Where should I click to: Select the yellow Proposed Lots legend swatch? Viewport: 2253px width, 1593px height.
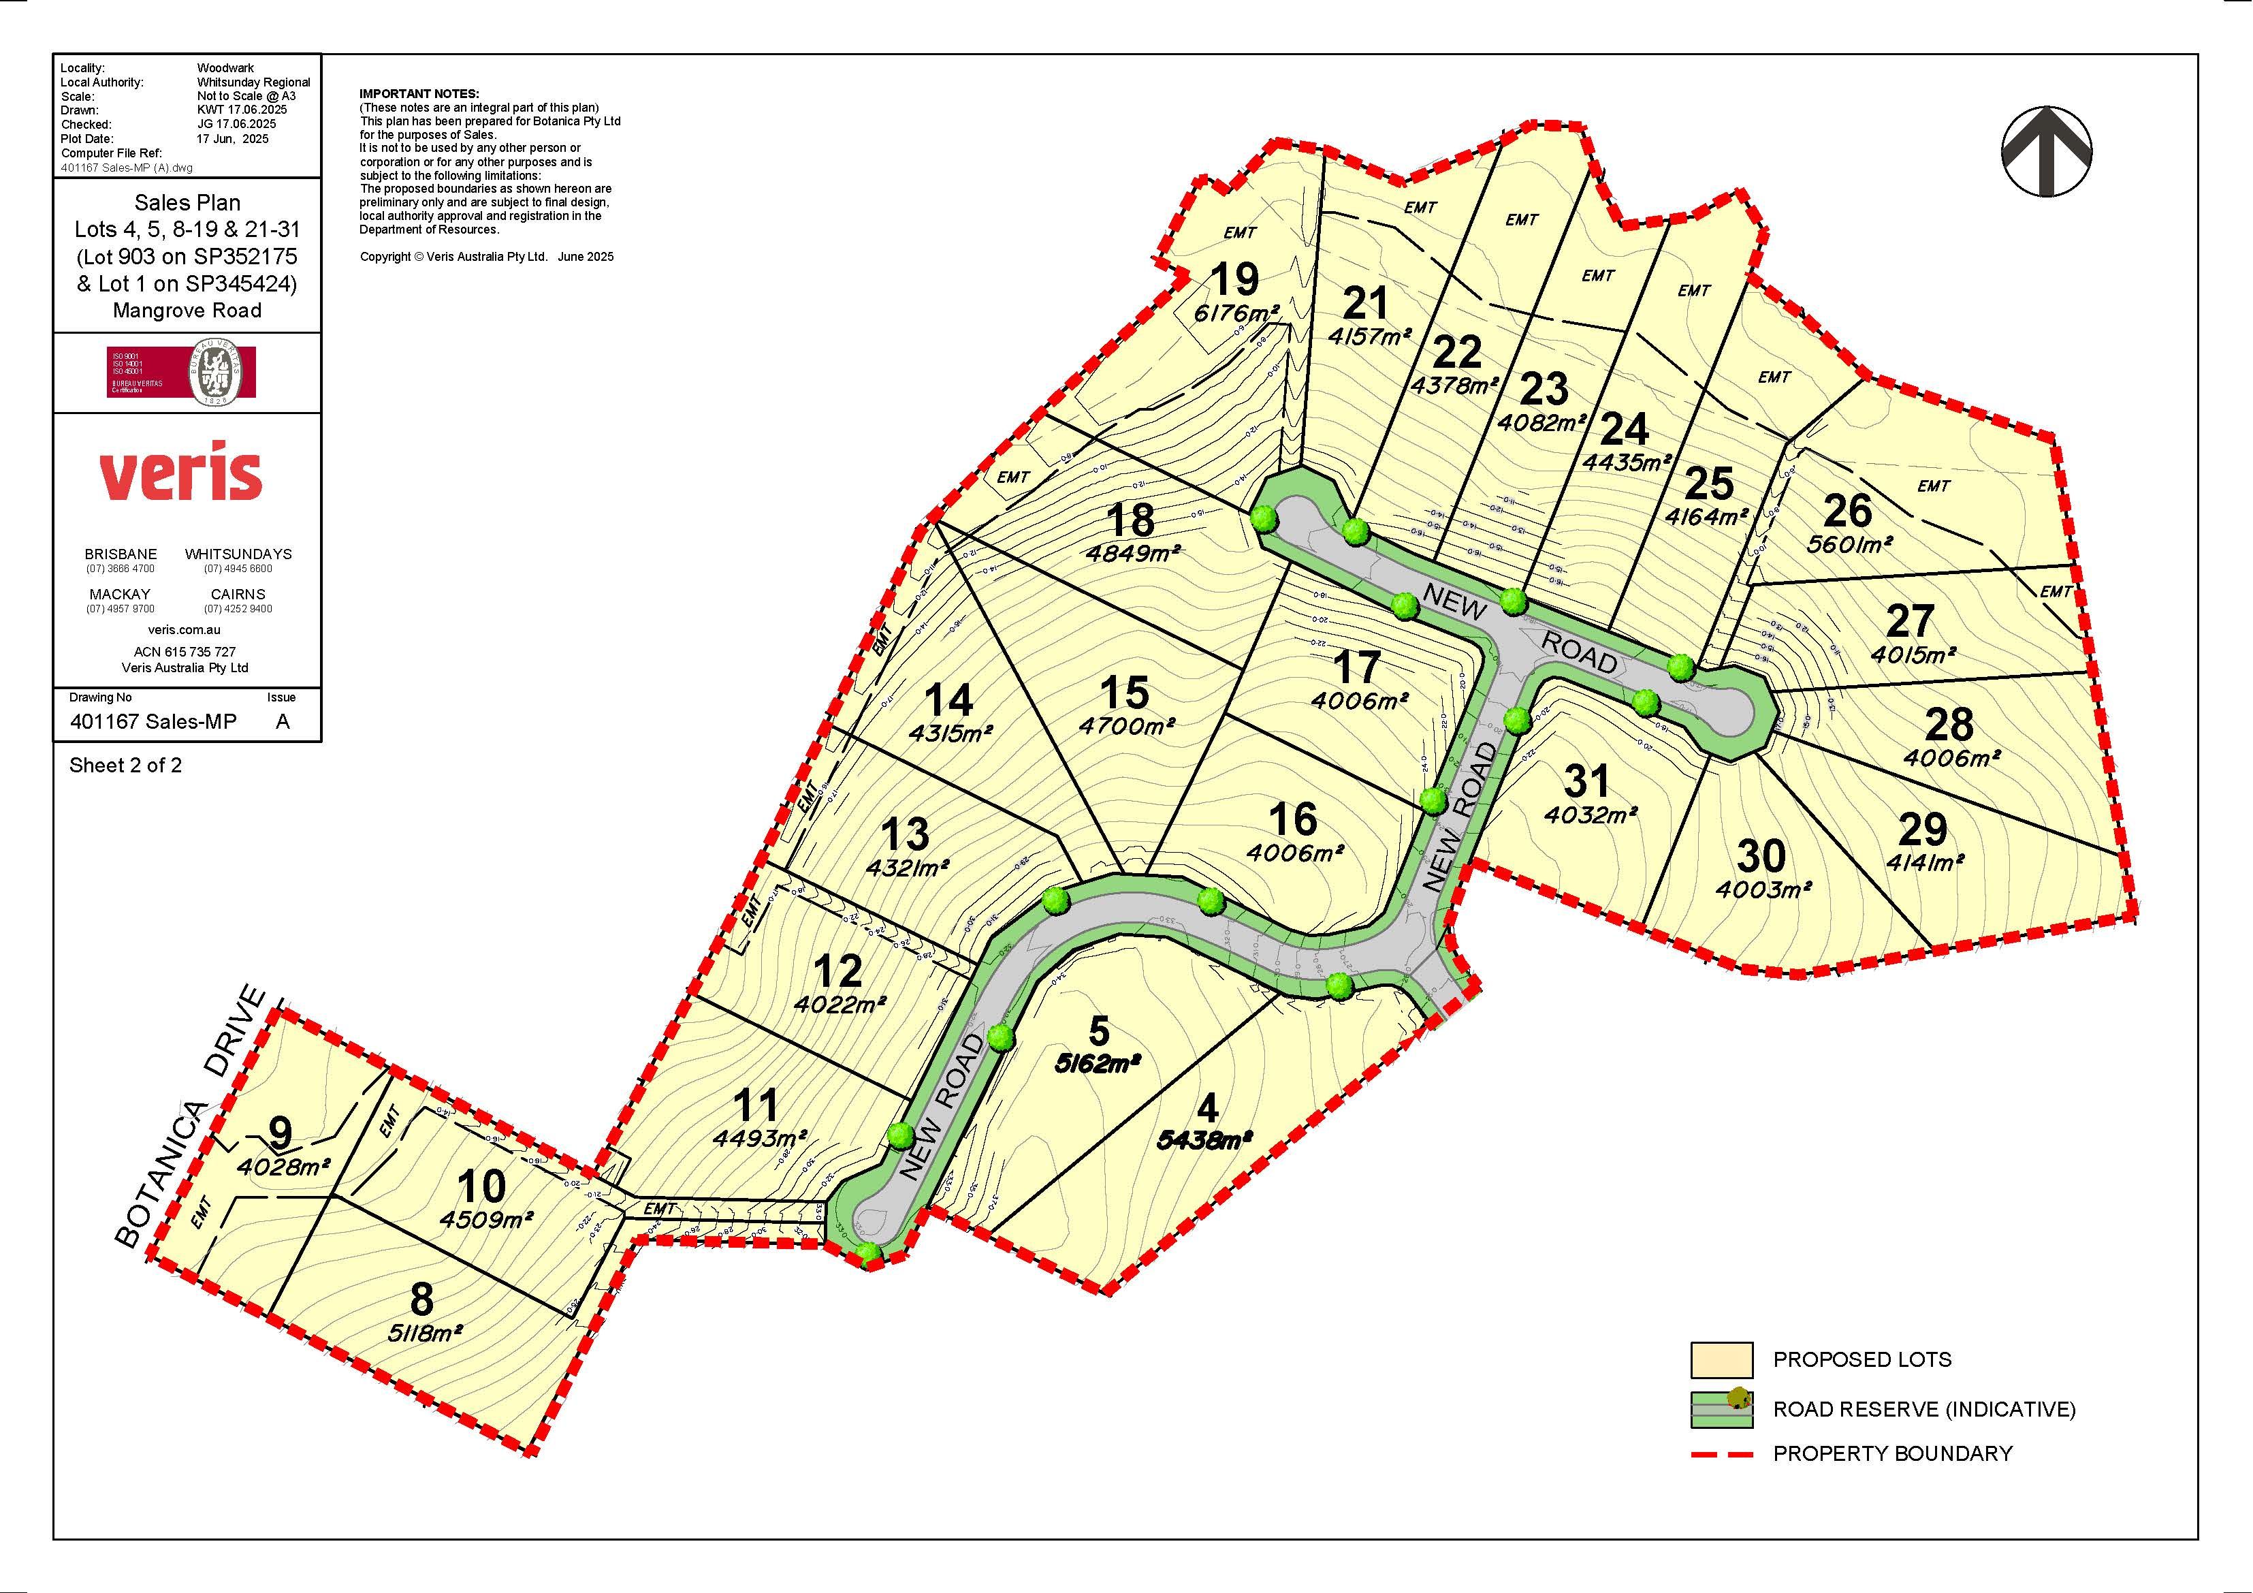[x=1721, y=1359]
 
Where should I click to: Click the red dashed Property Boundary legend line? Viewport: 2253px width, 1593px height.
[x=1721, y=1453]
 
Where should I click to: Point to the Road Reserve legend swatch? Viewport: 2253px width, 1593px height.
[x=1721, y=1410]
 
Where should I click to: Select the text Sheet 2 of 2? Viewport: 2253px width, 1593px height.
[x=125, y=765]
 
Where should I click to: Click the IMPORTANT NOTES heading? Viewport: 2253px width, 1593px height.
[x=419, y=93]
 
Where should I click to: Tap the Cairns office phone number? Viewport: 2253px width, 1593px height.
[x=238, y=609]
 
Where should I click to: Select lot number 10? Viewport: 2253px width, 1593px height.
[x=482, y=1186]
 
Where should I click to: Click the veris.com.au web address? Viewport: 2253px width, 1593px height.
[x=185, y=630]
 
